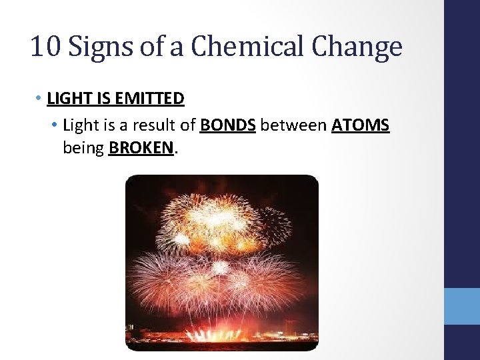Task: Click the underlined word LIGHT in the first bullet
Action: click(x=69, y=99)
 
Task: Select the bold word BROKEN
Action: click(x=141, y=147)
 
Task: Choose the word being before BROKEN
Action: click(x=83, y=147)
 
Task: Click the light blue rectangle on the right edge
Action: click(x=462, y=306)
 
